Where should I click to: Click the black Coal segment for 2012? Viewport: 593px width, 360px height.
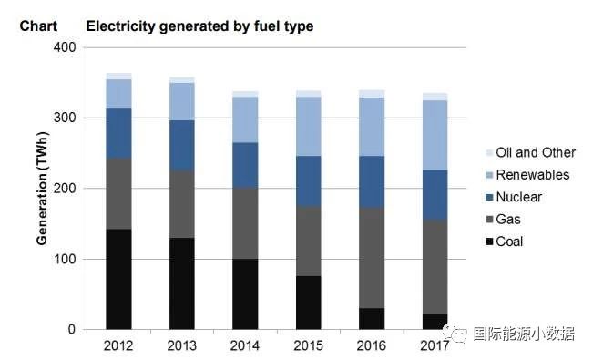[118, 279]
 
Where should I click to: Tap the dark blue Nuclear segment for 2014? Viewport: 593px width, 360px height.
[245, 165]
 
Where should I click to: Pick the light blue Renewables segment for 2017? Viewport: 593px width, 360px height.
[435, 135]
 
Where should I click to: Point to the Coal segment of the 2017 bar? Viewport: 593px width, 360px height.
[435, 321]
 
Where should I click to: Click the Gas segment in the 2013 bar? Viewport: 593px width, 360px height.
[181, 203]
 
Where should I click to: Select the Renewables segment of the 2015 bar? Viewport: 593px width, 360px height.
[308, 126]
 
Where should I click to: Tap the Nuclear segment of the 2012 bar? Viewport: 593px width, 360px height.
[118, 134]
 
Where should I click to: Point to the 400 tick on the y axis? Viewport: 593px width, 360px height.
[66, 47]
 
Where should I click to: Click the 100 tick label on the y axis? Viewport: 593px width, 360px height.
[66, 259]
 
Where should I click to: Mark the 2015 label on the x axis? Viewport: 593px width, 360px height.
[308, 345]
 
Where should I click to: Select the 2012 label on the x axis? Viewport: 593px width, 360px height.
[118, 345]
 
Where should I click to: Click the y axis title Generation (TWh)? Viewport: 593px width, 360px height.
[42, 188]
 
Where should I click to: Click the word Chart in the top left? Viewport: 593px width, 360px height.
[38, 26]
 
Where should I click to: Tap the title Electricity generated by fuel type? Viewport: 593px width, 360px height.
[199, 26]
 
